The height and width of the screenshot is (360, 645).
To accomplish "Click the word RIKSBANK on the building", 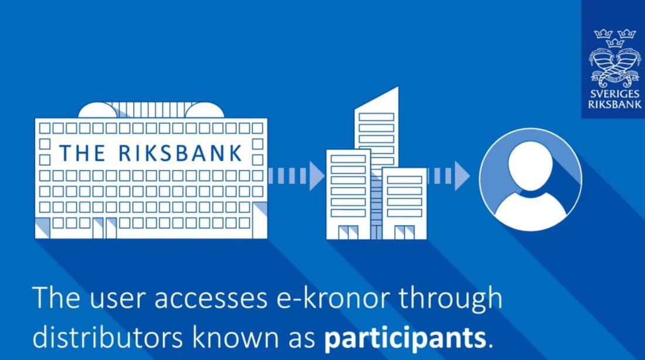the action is pyautogui.click(x=180, y=153).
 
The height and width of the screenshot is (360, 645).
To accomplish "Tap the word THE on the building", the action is pyautogui.click(x=82, y=153).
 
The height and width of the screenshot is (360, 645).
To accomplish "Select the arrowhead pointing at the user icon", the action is pyautogui.click(x=462, y=176).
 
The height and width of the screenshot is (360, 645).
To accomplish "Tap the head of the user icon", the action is pyautogui.click(x=530, y=164).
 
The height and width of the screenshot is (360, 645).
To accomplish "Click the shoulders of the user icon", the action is pyautogui.click(x=530, y=210).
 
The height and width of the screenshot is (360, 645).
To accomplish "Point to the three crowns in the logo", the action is pyautogui.click(x=615, y=37).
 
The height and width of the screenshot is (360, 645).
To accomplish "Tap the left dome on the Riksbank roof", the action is pyautogui.click(x=97, y=110).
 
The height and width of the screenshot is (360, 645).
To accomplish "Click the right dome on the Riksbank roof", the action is pyautogui.click(x=205, y=110).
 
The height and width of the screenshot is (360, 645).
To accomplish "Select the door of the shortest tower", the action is pyautogui.click(x=405, y=232).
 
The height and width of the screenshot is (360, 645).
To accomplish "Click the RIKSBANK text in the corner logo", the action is pyautogui.click(x=615, y=104).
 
